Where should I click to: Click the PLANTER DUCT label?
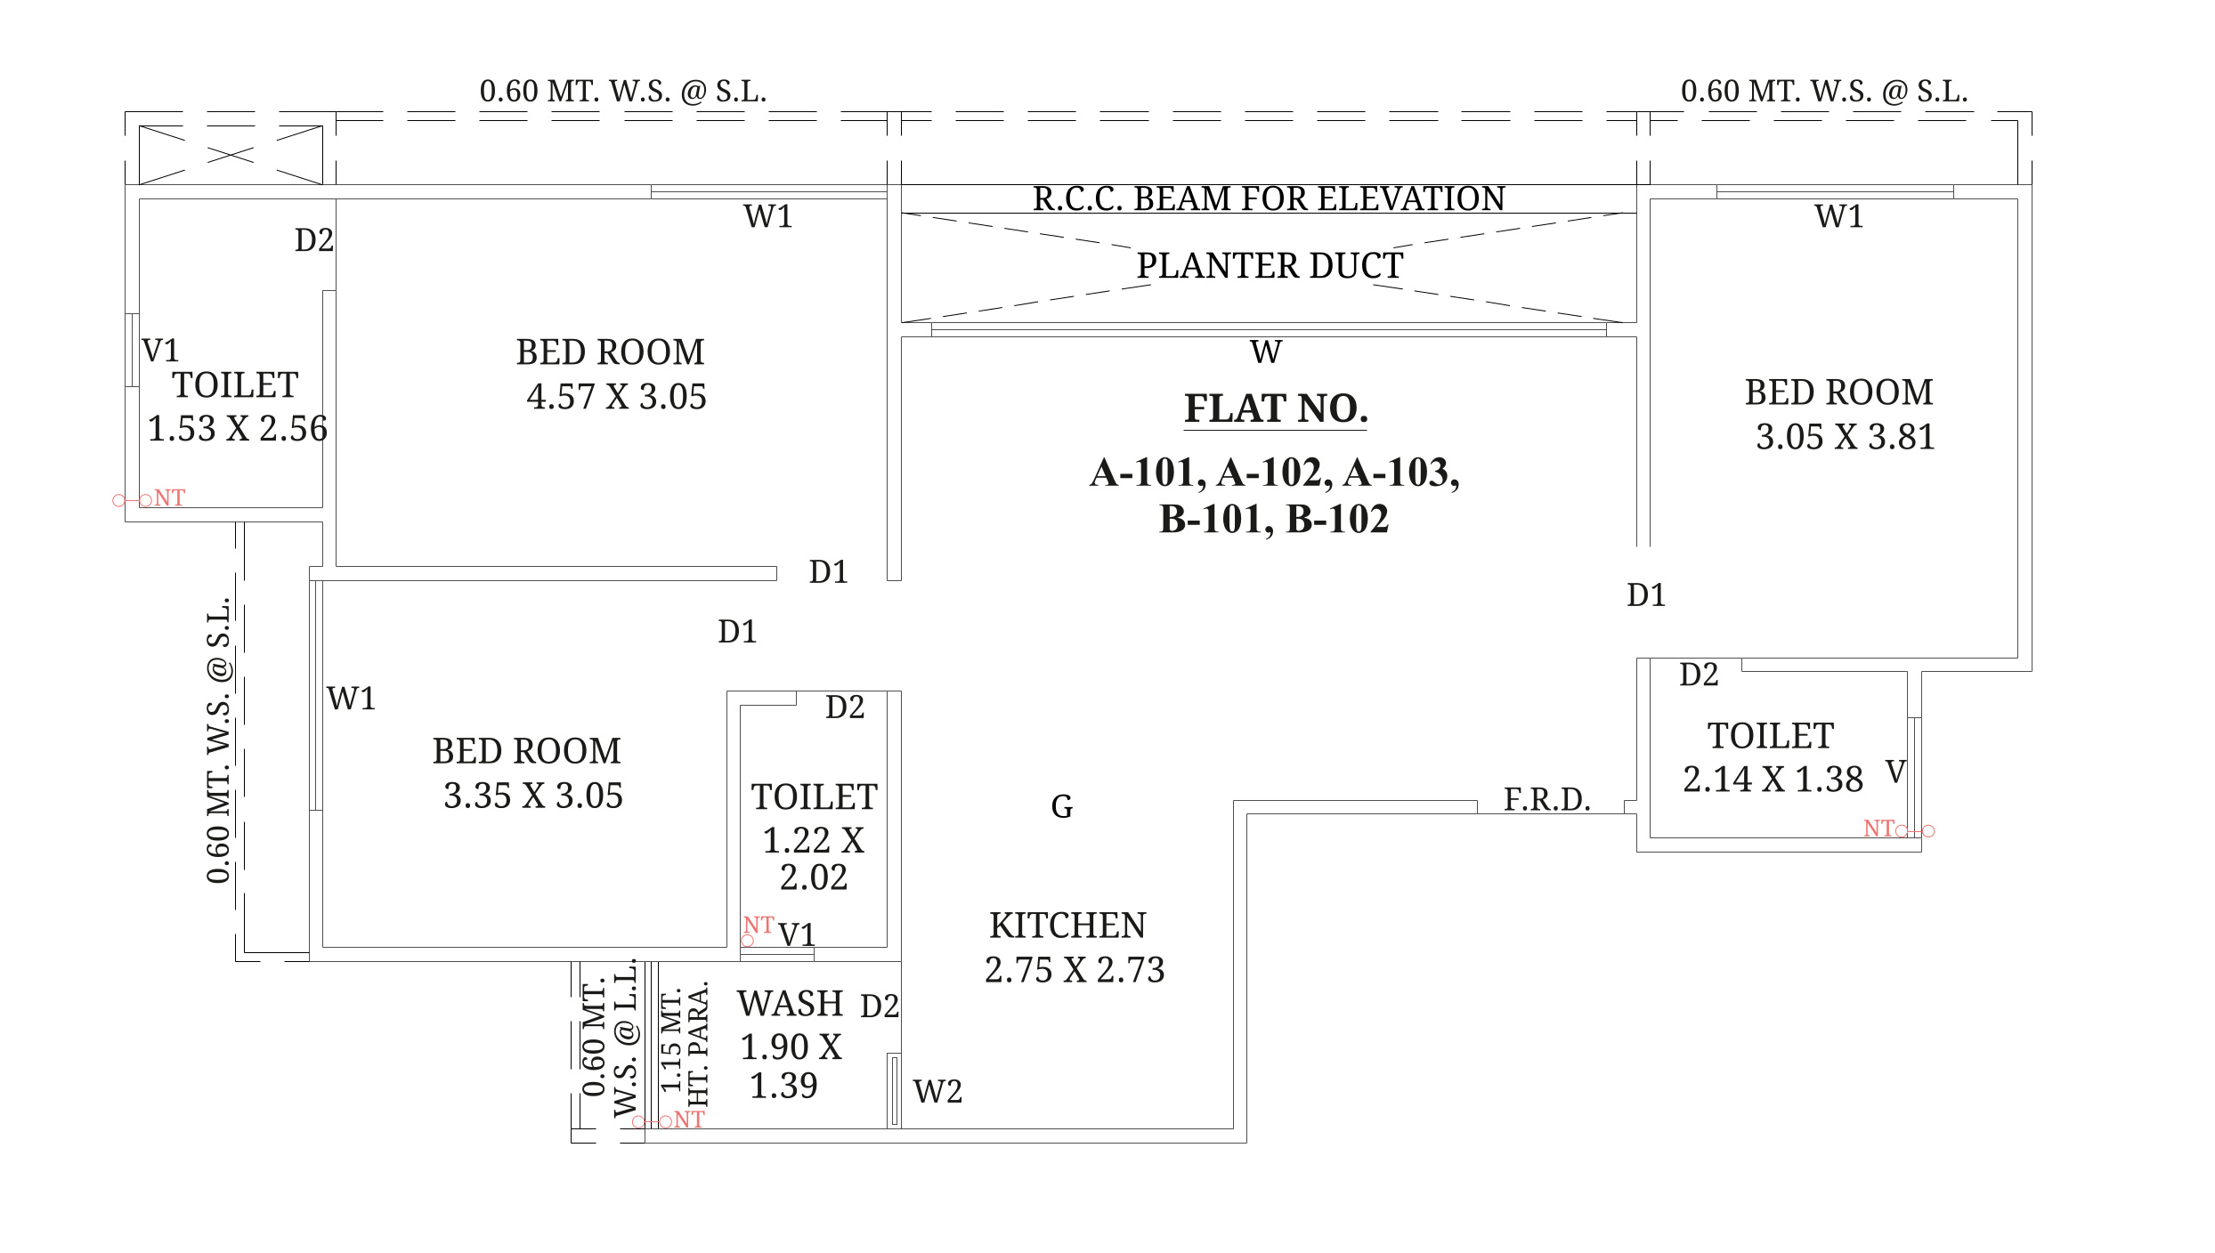click(x=1270, y=266)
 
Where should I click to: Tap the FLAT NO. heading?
click(x=1276, y=409)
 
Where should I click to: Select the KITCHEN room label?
click(x=1067, y=926)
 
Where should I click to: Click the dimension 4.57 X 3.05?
click(x=616, y=397)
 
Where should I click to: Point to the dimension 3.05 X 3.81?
click(x=1846, y=437)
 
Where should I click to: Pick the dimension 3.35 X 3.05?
click(x=533, y=796)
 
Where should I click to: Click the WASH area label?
click(x=791, y=1004)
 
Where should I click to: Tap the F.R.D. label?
click(x=1547, y=799)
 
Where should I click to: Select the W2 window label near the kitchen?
click(x=937, y=1092)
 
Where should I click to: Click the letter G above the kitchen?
click(x=1062, y=807)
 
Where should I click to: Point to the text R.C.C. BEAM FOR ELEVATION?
click(x=1269, y=198)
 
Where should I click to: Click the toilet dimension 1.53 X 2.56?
click(x=237, y=429)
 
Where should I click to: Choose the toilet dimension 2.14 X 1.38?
click(x=1773, y=780)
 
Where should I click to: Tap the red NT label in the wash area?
click(x=689, y=1120)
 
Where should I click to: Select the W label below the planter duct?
click(x=1266, y=352)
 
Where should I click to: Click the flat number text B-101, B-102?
click(x=1274, y=520)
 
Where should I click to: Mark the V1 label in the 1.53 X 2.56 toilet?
click(x=160, y=351)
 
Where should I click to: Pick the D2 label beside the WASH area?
click(x=880, y=1006)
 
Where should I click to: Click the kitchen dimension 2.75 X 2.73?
click(x=1075, y=970)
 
